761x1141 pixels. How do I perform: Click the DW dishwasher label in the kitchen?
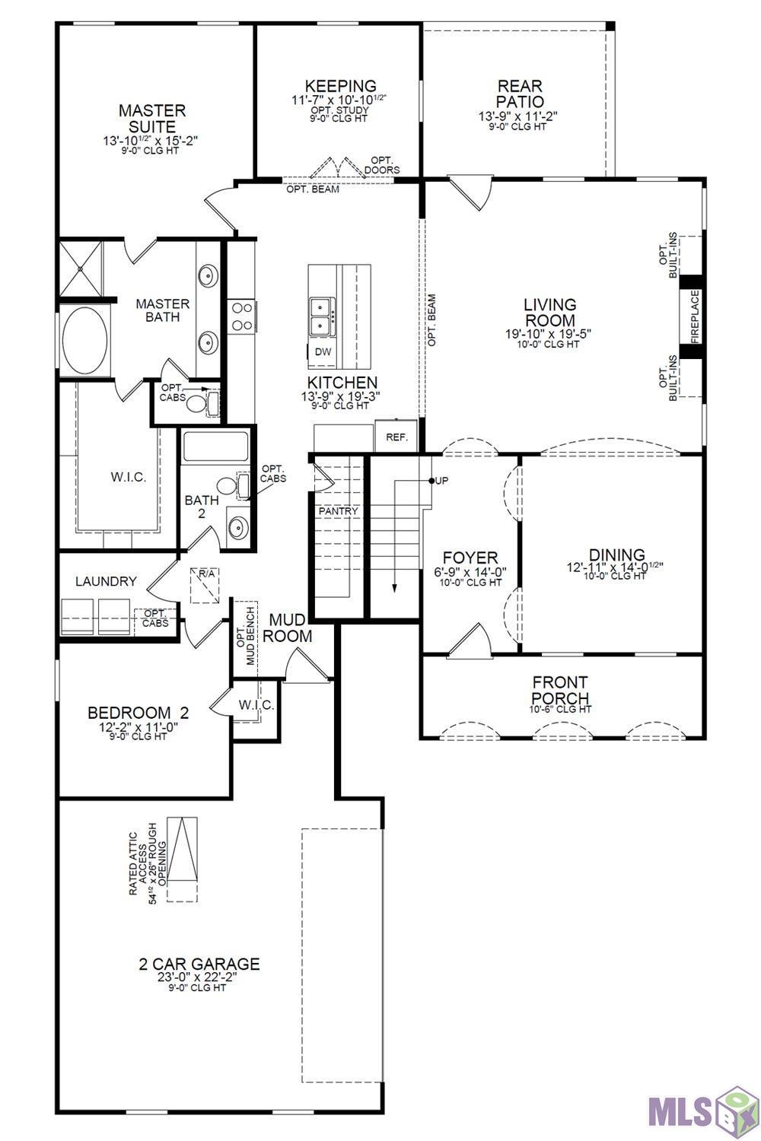323,351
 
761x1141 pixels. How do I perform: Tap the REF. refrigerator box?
396,436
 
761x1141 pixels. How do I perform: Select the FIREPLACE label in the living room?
695,317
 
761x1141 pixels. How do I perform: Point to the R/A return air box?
205,585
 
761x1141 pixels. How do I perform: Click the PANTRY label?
339,511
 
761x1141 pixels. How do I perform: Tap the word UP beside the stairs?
442,480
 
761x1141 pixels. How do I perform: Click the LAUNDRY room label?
106,581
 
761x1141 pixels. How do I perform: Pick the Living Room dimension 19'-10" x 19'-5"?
548,334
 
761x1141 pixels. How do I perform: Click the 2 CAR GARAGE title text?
199,964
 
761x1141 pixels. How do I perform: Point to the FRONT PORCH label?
560,690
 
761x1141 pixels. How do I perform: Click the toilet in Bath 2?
228,485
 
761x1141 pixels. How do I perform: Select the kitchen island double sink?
322,317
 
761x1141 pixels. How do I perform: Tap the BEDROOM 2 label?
139,712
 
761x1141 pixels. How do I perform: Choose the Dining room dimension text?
614,567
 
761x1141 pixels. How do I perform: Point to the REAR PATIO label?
520,94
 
